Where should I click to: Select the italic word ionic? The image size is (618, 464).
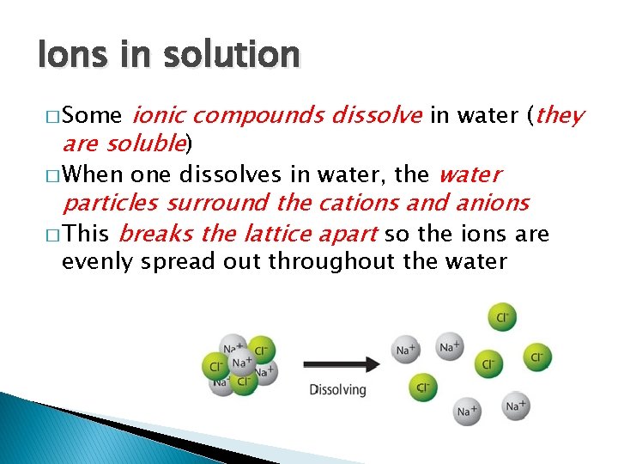point(161,115)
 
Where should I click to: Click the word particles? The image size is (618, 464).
point(110,203)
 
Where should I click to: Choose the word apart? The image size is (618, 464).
point(348,234)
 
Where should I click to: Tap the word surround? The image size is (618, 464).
point(205,203)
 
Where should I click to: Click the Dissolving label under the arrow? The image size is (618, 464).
point(337,389)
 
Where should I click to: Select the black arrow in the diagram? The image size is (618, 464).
point(340,363)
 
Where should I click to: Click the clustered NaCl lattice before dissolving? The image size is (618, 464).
point(239,364)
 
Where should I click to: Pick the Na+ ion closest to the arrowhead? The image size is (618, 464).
point(404,349)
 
